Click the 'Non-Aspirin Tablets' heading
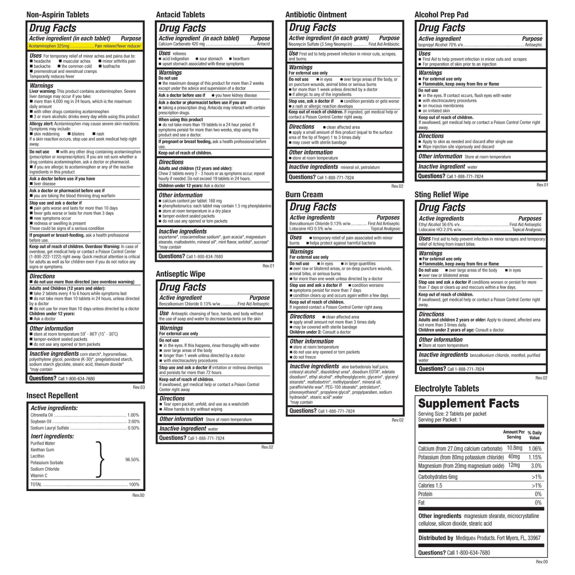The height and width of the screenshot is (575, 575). [x=58, y=15]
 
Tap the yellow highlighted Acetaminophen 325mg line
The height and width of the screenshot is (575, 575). [x=85, y=46]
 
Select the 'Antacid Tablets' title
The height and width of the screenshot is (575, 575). [x=180, y=15]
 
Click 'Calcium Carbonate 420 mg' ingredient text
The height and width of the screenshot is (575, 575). [x=181, y=44]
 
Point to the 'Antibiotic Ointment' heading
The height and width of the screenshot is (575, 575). [x=316, y=15]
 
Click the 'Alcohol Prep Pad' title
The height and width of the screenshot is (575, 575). [x=441, y=15]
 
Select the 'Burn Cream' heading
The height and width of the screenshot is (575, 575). [x=304, y=195]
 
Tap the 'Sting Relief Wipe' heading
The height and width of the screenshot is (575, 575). [x=441, y=195]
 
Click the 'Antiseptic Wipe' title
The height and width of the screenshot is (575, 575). [x=181, y=274]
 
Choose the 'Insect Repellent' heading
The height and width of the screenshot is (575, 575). [x=52, y=396]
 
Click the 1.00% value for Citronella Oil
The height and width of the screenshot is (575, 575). [x=133, y=415]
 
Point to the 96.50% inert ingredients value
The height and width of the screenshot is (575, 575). [x=132, y=460]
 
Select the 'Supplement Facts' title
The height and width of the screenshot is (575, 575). [x=468, y=403]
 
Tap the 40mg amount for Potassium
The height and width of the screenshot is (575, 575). [x=514, y=457]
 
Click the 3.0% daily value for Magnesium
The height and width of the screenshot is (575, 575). [x=536, y=466]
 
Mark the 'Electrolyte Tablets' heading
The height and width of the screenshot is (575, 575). [x=446, y=389]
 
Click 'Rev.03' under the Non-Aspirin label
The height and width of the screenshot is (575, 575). [x=138, y=387]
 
